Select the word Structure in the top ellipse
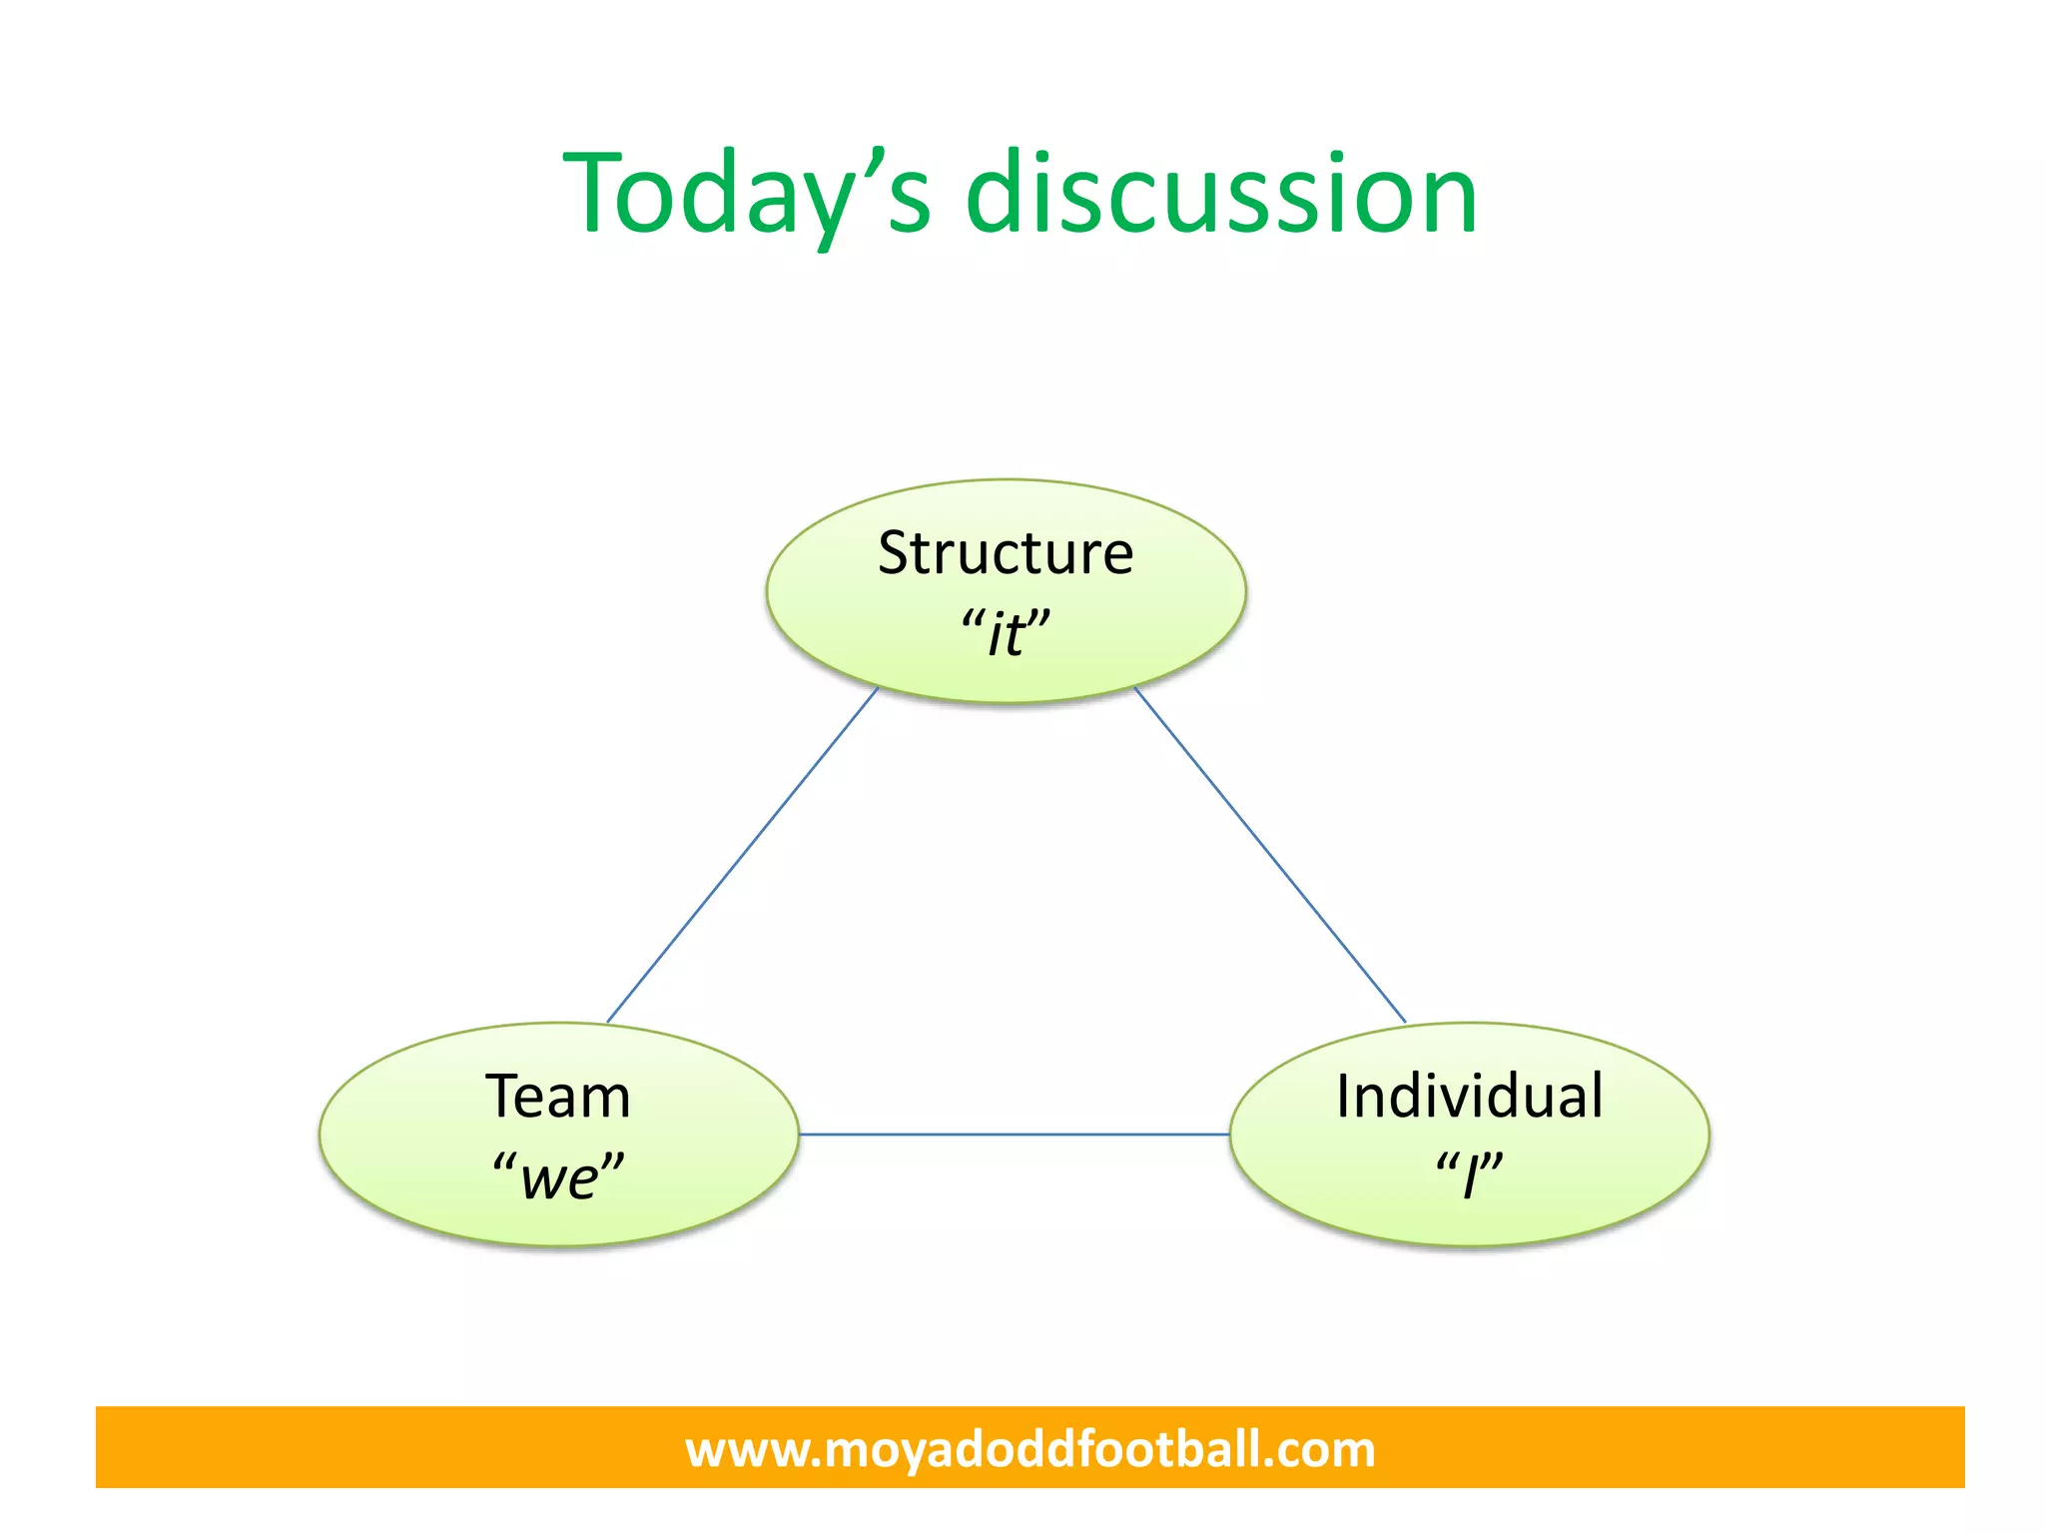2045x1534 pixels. coord(1006,553)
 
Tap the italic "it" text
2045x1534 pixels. coord(1006,633)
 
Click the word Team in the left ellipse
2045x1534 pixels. coord(558,1097)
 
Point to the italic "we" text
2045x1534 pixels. coord(559,1176)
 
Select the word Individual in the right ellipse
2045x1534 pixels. coord(1469,1097)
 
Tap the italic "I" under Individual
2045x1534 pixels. coord(1469,1176)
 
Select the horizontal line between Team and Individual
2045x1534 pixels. coord(1014,1135)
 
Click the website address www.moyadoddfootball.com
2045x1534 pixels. coord(1029,1449)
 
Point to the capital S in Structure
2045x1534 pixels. coord(895,553)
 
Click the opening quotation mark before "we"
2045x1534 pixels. coord(504,1162)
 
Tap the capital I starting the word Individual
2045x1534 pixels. coord(1344,1097)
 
